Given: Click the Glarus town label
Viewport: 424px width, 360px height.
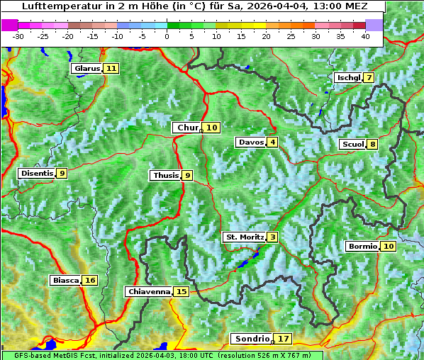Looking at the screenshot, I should pyautogui.click(x=87, y=69).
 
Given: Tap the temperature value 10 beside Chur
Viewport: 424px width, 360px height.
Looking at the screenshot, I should pyautogui.click(x=213, y=128).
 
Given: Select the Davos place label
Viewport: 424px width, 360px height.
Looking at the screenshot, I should pyautogui.click(x=251, y=142).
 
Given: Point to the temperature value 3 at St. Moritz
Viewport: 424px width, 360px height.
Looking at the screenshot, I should pyautogui.click(x=273, y=237).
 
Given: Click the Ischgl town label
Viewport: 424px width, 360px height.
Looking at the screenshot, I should pyautogui.click(x=347, y=78).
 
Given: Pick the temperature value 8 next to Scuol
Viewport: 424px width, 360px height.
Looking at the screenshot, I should pyautogui.click(x=373, y=145).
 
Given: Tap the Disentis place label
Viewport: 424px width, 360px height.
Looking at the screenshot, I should pyautogui.click(x=37, y=173).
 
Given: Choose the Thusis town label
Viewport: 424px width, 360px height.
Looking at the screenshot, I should pyautogui.click(x=165, y=175).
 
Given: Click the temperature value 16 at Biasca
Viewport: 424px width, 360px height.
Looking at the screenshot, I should pyautogui.click(x=89, y=281).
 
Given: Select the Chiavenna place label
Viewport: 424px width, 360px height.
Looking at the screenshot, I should pyautogui.click(x=149, y=291).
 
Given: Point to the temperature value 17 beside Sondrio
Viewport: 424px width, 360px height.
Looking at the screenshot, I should pyautogui.click(x=284, y=339).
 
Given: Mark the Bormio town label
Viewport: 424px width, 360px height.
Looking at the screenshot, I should pyautogui.click(x=362, y=247).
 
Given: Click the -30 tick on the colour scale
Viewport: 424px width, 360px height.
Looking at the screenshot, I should pyautogui.click(x=18, y=36).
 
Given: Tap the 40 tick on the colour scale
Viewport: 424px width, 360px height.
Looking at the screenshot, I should pyautogui.click(x=365, y=36).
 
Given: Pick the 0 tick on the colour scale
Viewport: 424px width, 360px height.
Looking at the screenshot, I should pyautogui.click(x=167, y=36).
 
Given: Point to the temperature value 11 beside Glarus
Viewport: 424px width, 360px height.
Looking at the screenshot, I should pyautogui.click(x=111, y=69).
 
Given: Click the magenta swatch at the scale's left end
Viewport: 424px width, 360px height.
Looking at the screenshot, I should pyautogui.click(x=10, y=25).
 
